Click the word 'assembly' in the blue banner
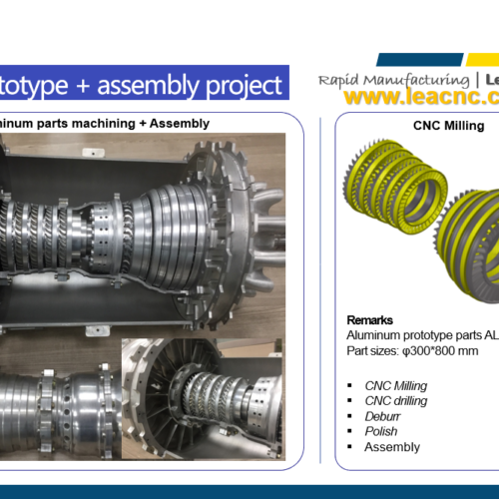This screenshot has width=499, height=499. [149, 85]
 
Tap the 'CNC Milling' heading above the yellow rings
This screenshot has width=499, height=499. [448, 126]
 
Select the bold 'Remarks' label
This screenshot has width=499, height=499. [369, 320]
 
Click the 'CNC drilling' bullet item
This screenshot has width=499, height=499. [396, 401]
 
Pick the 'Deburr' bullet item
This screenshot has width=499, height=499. [382, 416]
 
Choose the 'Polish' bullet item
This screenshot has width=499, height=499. [381, 431]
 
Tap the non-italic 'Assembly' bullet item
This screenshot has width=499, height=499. [392, 447]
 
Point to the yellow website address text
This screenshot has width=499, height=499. [421, 97]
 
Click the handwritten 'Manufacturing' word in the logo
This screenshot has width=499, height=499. [416, 81]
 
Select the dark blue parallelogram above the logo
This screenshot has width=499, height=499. [420, 60]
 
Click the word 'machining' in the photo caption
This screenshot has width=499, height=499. [104, 124]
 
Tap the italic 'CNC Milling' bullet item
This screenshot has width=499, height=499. [396, 386]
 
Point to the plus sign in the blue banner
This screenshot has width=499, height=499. [83, 86]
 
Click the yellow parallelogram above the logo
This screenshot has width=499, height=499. [482, 60]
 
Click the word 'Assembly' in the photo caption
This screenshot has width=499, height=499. [180, 124]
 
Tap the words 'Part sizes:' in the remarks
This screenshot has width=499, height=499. [372, 351]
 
